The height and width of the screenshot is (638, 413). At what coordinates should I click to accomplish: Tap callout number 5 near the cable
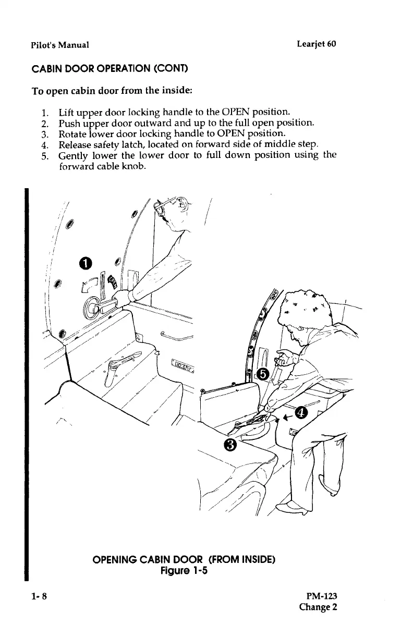(263, 374)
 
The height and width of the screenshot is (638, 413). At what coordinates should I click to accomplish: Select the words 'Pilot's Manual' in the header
(57, 44)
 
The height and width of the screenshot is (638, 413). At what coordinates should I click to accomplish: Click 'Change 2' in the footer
(318, 607)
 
